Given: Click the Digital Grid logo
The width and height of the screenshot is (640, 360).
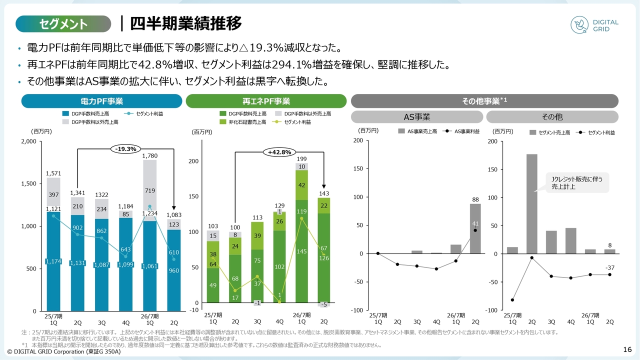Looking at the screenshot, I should pos(595,25).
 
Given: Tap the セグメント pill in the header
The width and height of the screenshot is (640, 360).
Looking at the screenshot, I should pos(63,23).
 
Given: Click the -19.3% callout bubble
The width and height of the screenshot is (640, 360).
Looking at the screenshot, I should pos(125,148).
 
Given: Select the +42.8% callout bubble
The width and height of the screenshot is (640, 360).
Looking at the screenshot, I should pos(279,152).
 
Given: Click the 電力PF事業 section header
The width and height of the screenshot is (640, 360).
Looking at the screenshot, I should pos(101,101).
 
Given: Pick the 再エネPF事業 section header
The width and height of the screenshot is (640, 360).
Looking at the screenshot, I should pos(266,101).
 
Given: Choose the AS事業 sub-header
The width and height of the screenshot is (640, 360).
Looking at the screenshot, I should pos(416,117).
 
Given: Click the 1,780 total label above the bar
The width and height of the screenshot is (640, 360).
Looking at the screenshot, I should pos(150,156).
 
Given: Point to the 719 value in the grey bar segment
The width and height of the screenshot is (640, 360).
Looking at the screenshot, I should pos(150,191).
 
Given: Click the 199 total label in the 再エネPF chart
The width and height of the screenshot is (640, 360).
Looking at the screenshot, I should pos(301,158).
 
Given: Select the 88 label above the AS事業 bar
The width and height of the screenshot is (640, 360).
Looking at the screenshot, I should pos(475,199).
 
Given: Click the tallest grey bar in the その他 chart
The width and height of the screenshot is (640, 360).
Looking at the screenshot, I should pos(531,203).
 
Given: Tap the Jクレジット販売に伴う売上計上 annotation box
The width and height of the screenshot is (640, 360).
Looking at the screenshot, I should pos(576,183).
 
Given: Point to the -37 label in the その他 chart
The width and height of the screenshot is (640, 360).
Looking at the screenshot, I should pos(610,268).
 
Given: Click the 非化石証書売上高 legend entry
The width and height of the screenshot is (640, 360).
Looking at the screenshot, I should pos(243,122).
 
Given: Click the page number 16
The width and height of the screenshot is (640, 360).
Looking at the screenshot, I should pos(628,349).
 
